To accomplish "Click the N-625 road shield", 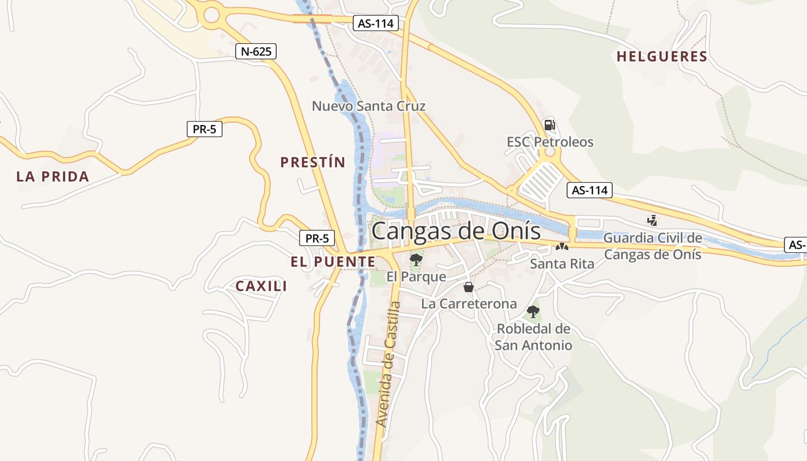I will coord(256,51).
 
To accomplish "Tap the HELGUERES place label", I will coord(661,56).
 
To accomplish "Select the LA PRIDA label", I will coord(52,177).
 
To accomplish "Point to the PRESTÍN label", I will coord(312,163).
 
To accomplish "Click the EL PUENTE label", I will coord(333,262).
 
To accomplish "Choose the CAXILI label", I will coord(261,286).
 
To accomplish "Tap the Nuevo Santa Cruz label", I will coord(368,106).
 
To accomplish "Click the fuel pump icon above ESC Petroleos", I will coord(549,124).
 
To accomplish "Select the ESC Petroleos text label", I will coord(549,142).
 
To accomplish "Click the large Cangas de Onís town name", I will coord(456,231).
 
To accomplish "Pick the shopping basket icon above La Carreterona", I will coord(469,287).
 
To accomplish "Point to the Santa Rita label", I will coord(561,264).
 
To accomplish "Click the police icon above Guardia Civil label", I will coord(652,220).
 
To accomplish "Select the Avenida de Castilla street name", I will coord(388,364).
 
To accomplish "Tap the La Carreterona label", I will coord(469,304).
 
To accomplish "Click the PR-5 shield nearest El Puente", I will coord(317,237).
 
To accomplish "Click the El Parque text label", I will coord(416,277).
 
